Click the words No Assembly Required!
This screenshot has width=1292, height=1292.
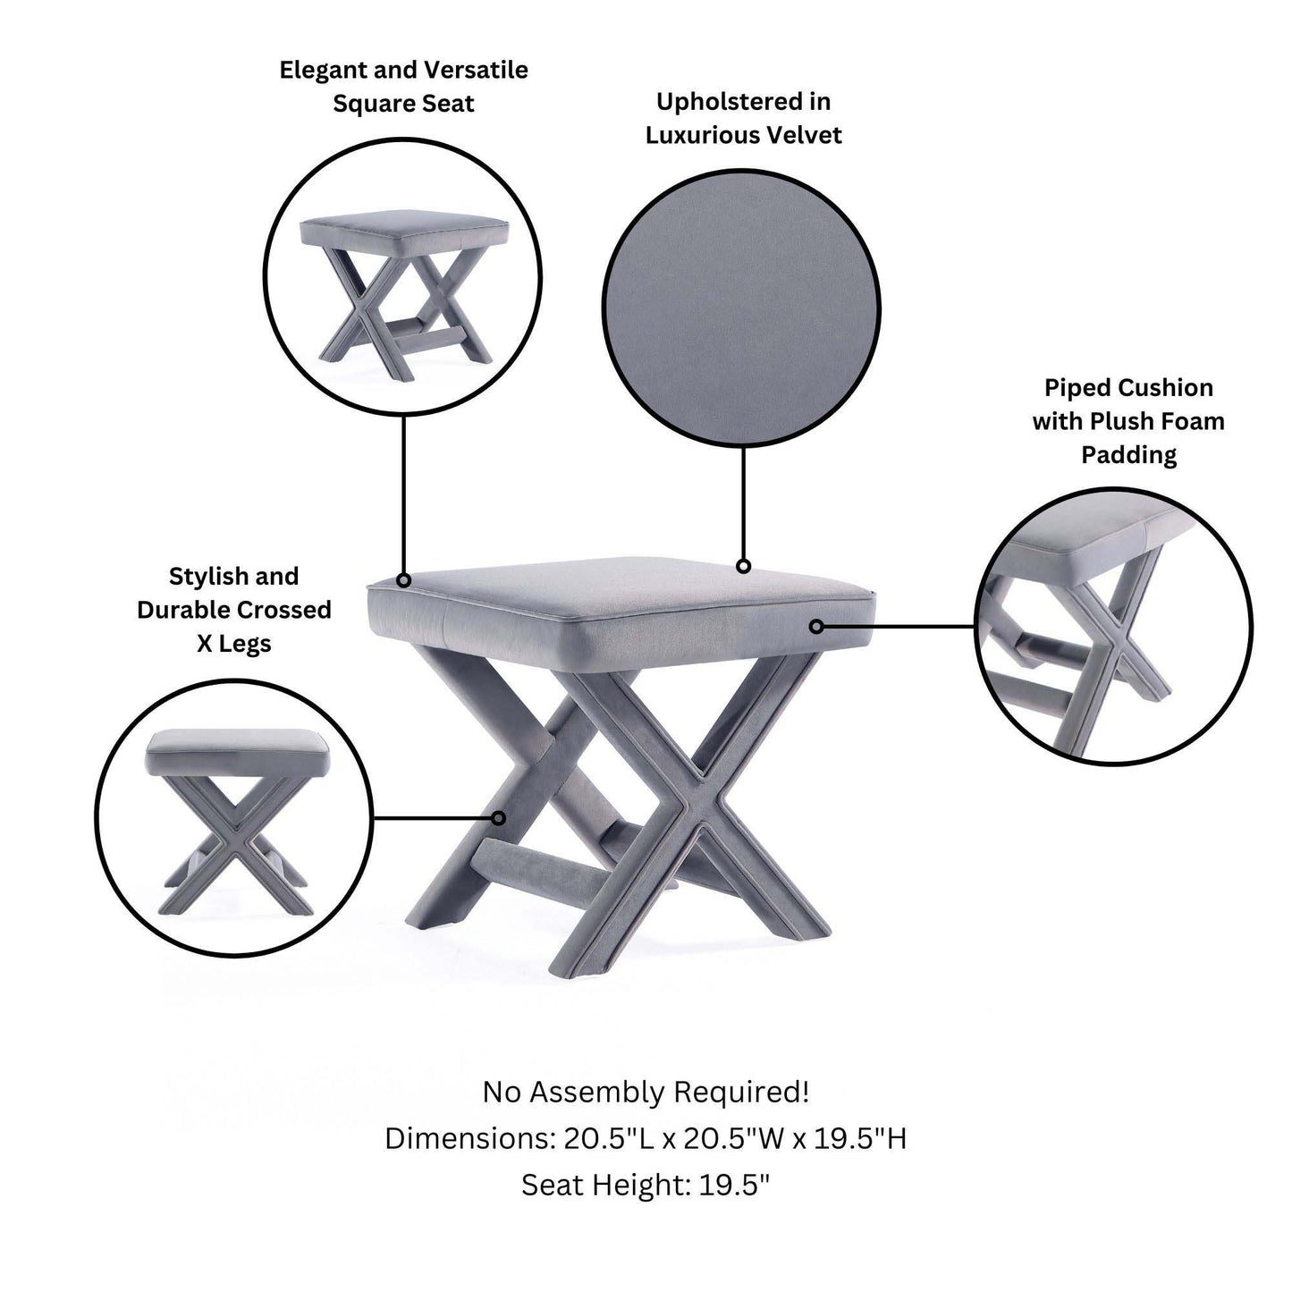point(646,1092)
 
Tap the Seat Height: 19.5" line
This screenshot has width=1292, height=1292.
point(646,1185)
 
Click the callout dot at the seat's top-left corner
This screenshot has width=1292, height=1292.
point(403,580)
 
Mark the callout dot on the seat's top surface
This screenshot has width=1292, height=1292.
point(743,566)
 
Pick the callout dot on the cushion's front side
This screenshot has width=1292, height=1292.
point(816,627)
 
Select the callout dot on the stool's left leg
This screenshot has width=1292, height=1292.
point(501,817)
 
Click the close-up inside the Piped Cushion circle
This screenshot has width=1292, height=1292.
point(1112,626)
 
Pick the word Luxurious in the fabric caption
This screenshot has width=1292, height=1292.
point(700,135)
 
